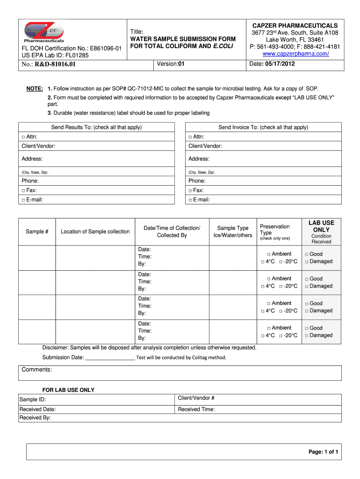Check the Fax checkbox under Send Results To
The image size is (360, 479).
(23, 191)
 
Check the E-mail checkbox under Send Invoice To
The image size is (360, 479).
(190, 200)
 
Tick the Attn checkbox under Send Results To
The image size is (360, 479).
(23, 137)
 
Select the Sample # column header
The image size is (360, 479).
(37, 232)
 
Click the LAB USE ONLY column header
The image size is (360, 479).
(321, 226)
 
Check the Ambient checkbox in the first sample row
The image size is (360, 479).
(269, 254)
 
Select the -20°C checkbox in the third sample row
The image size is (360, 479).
(281, 311)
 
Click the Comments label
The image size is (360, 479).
(37, 370)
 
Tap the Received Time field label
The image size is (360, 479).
(196, 409)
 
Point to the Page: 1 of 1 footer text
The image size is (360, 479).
(323, 452)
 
